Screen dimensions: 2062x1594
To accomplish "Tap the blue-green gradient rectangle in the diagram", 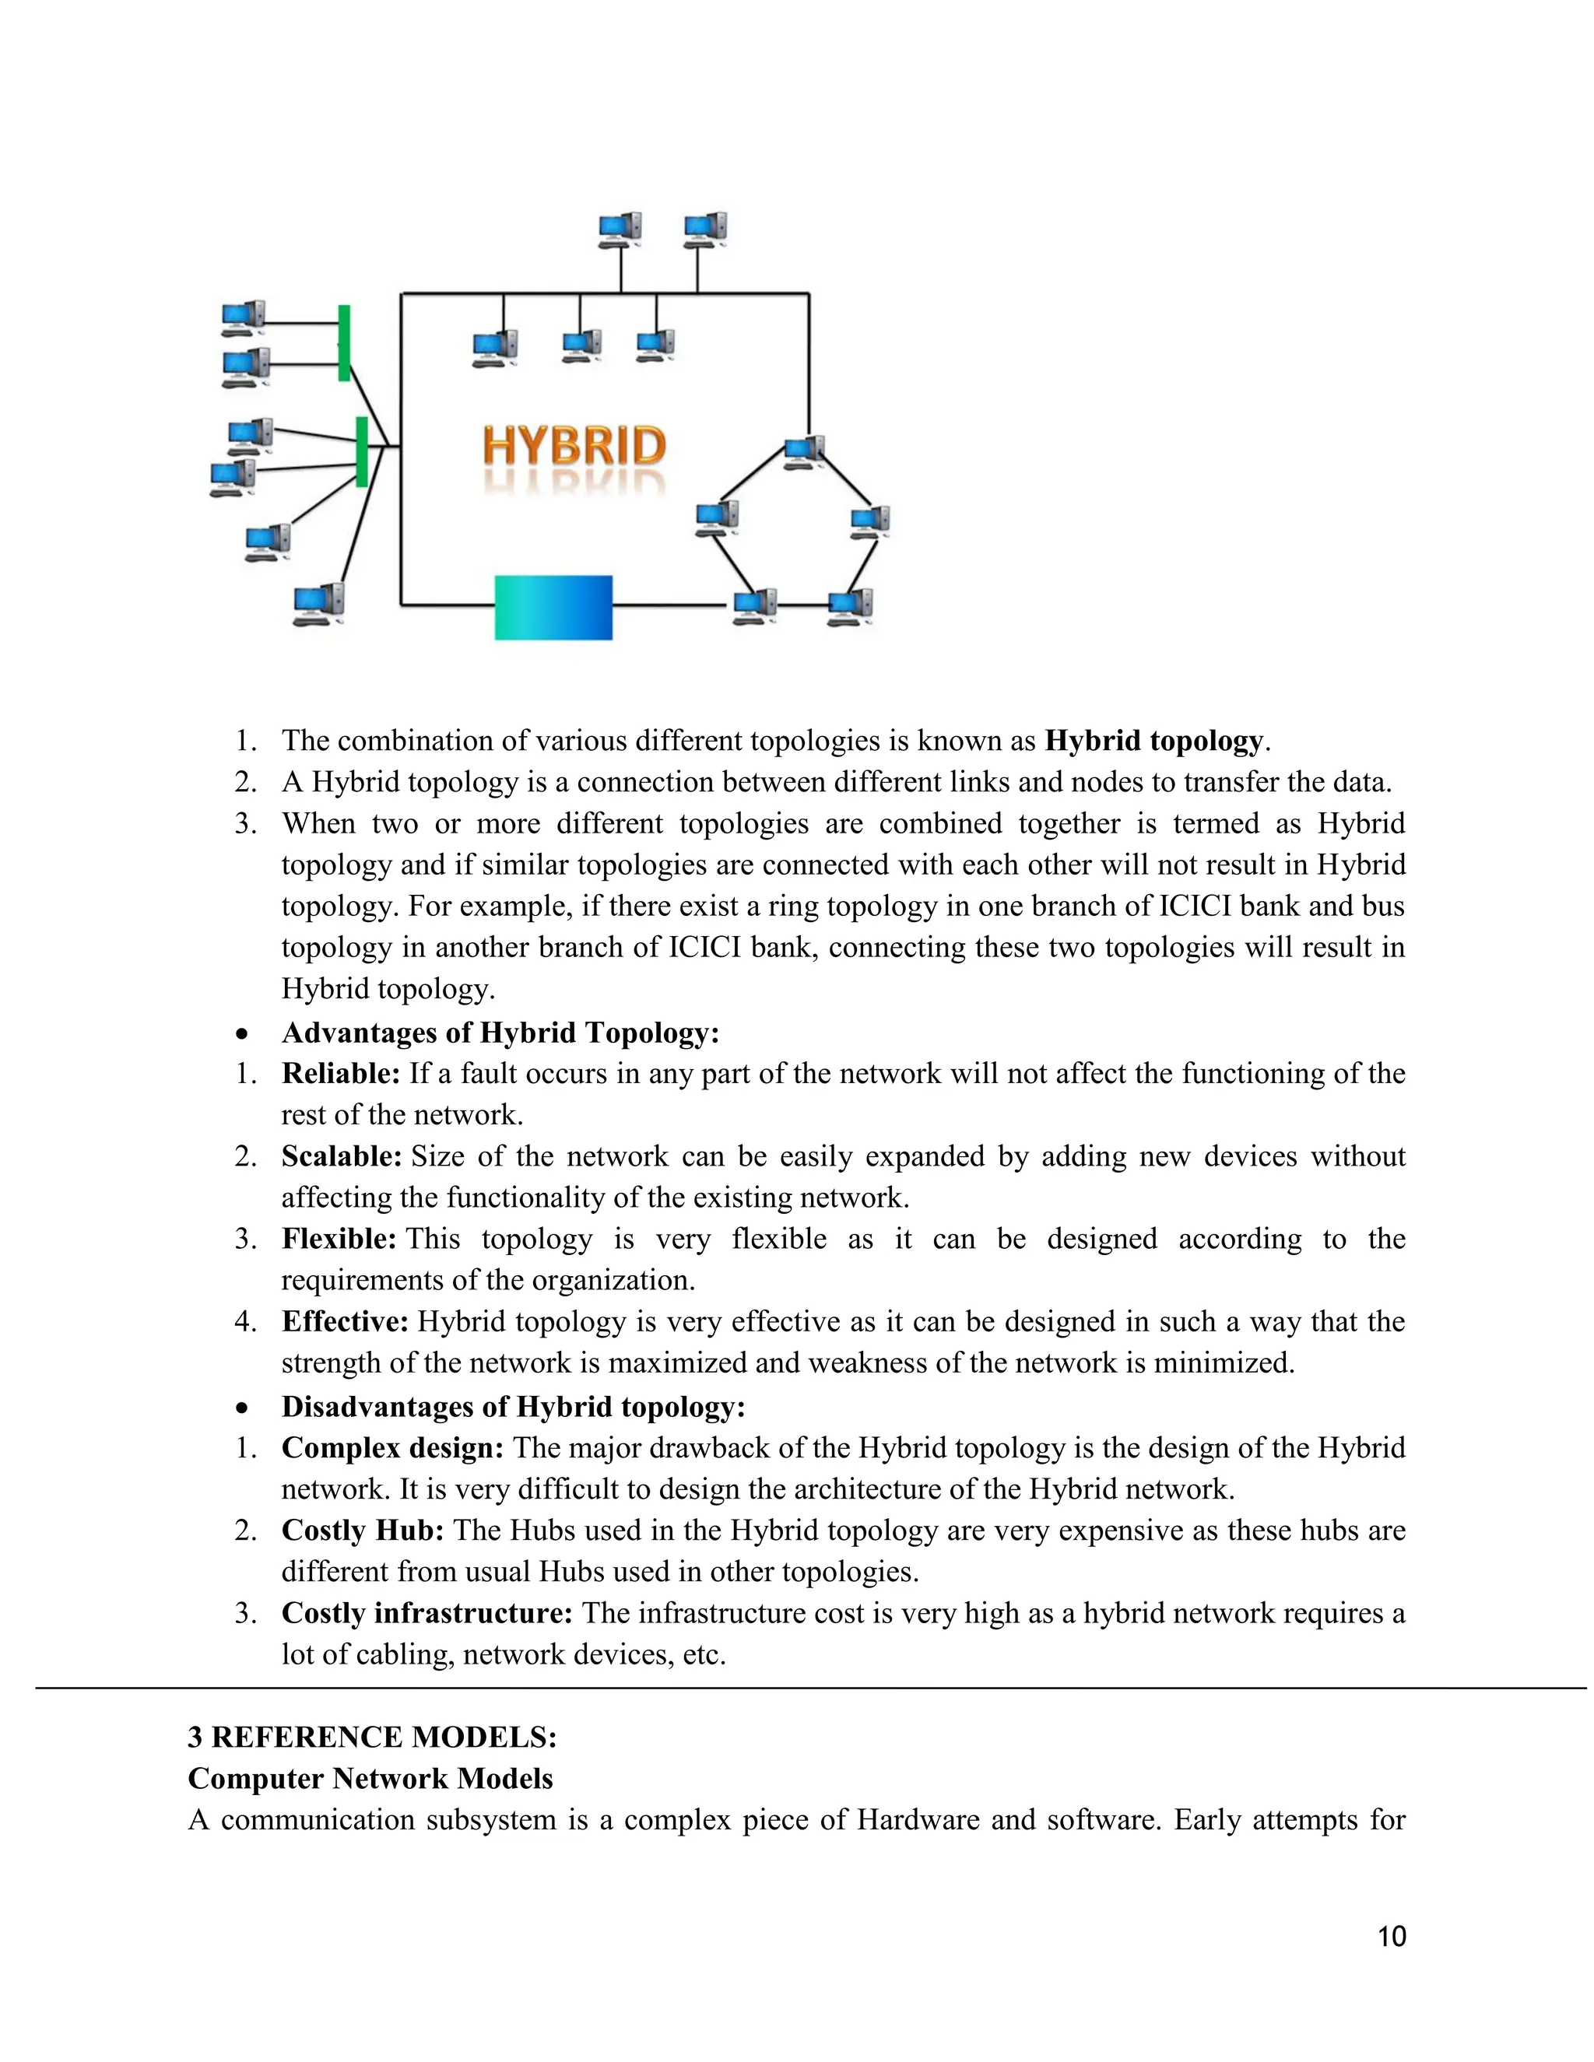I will point(553,607).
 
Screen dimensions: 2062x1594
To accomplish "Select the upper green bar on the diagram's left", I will point(345,342).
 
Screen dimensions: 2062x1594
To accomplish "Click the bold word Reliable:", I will point(341,1074).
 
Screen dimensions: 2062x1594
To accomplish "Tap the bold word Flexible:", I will point(338,1239).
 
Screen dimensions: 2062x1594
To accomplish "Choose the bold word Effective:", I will point(345,1322).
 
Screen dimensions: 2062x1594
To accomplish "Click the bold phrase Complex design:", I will point(392,1447).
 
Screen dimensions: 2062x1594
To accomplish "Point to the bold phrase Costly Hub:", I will point(363,1531).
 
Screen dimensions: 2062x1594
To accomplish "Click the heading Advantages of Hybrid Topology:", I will point(500,1032).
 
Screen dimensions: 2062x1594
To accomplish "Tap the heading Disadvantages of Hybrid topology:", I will point(513,1407).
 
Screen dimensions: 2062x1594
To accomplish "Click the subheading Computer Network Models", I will point(370,1779).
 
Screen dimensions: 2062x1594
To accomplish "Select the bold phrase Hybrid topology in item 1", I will point(1153,741).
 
